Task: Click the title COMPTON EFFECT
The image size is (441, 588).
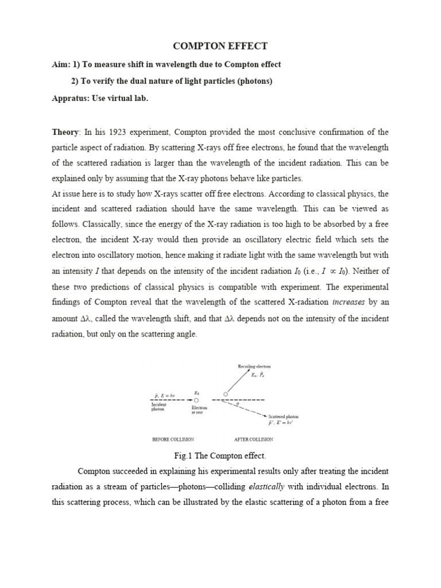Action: (x=220, y=46)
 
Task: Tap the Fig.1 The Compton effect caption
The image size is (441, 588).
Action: (x=220, y=455)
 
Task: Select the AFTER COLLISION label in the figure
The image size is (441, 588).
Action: (x=253, y=439)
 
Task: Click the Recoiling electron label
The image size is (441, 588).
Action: (x=254, y=366)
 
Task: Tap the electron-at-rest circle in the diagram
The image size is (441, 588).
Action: (x=196, y=400)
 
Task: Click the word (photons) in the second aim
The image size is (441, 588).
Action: (x=251, y=81)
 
